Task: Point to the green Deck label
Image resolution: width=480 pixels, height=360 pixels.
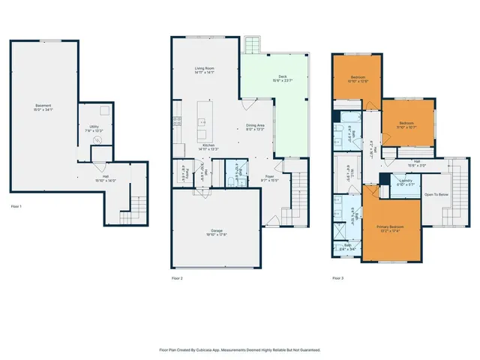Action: (282, 76)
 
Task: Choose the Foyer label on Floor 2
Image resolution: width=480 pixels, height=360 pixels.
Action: (268, 178)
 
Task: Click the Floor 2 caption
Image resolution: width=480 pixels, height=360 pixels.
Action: (177, 277)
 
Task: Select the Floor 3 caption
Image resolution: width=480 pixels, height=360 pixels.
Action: (339, 277)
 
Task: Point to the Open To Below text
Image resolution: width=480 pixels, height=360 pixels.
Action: (436, 194)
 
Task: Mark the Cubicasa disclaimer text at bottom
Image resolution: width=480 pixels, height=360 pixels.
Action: (240, 349)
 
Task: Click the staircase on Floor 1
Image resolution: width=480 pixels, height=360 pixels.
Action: (135, 204)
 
